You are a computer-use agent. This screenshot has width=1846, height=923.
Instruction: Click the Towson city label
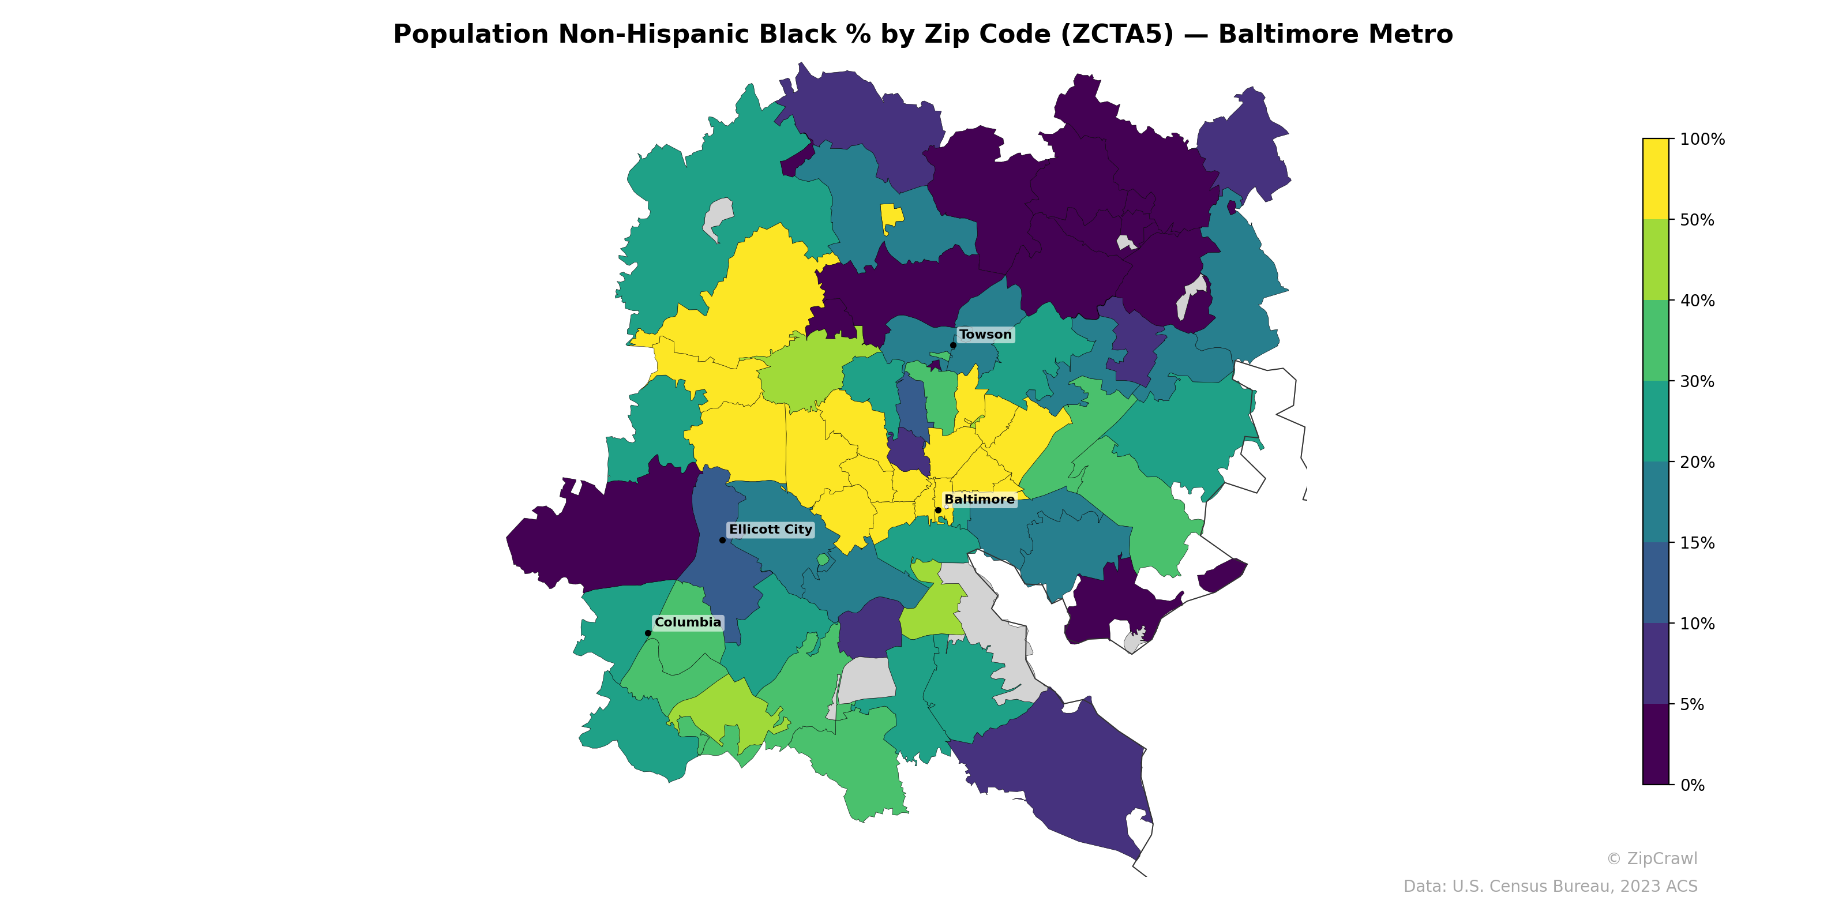985,335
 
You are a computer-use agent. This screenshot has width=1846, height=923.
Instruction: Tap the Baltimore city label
979,500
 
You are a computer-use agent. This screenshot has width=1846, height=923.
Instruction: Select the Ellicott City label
770,530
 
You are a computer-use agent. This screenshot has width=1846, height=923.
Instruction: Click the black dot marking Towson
953,346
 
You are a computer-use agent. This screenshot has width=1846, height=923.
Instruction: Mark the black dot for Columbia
648,633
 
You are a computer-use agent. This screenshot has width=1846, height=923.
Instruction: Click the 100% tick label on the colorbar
1702,140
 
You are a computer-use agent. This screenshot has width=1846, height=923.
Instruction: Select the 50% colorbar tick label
1697,220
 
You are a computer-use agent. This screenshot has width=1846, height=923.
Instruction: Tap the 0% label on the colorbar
1692,785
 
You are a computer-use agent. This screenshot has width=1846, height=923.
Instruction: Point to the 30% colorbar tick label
1697,381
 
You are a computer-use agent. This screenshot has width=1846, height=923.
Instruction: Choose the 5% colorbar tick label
1692,704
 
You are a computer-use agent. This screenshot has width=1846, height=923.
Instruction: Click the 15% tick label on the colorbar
1697,543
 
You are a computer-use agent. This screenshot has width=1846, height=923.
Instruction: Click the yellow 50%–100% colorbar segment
1656,179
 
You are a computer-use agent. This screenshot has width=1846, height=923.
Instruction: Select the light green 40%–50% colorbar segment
1656,260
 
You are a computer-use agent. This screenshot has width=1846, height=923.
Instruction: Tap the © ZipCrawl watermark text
1651,858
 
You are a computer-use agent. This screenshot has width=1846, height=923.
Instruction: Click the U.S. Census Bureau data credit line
1549,887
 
